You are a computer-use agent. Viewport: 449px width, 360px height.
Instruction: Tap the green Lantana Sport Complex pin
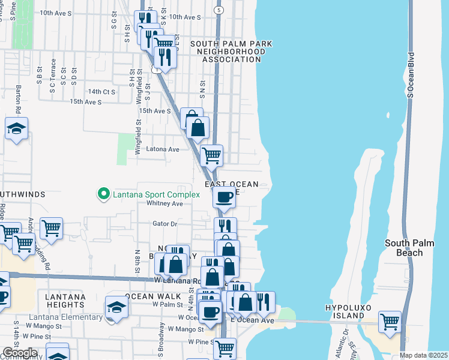coord(103,194)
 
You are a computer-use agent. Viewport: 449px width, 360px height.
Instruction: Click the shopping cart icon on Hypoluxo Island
coord(390,321)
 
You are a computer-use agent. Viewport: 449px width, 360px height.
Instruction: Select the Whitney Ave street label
coord(164,204)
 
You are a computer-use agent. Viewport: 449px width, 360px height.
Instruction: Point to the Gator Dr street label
coord(166,224)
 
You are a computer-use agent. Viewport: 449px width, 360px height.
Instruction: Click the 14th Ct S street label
coord(101,92)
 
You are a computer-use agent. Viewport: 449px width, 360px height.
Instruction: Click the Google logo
coord(19,353)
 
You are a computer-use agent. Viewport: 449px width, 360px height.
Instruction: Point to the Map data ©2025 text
coord(423,355)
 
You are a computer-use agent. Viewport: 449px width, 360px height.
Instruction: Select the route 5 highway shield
coord(219,11)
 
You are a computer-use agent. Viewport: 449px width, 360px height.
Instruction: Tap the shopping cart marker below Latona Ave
coord(211,155)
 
